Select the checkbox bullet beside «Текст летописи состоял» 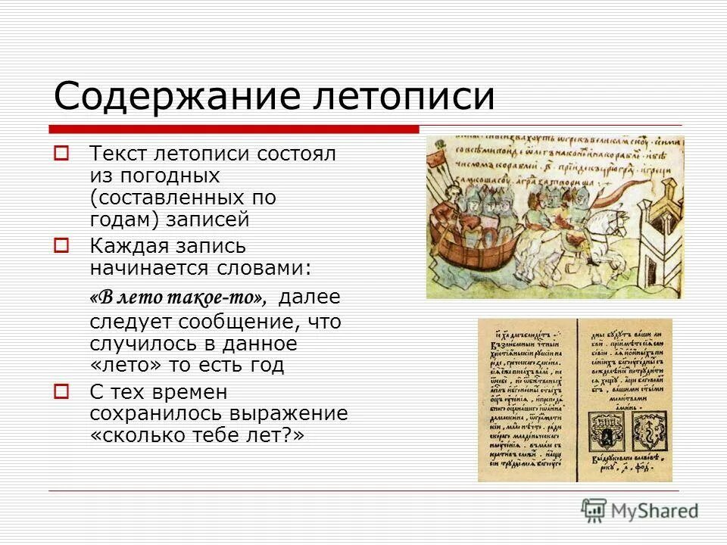(x=61, y=153)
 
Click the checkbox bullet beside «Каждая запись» (x=61, y=245)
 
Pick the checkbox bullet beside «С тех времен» (x=61, y=391)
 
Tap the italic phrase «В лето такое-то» (x=179, y=297)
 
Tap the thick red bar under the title (x=235, y=129)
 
